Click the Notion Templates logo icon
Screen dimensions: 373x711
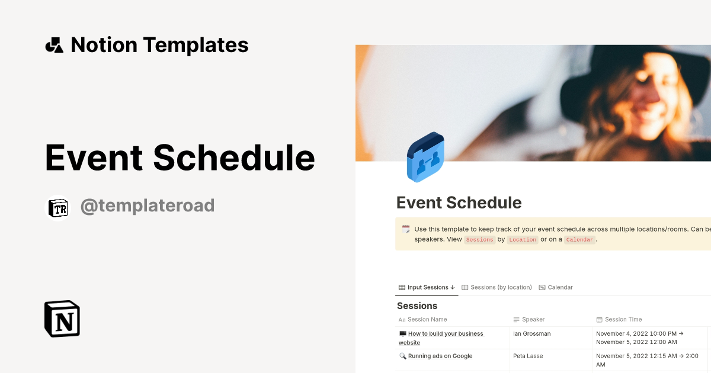pyautogui.click(x=54, y=45)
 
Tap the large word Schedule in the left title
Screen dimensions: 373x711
pyautogui.click(x=233, y=157)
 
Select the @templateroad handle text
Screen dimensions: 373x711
pyautogui.click(x=147, y=206)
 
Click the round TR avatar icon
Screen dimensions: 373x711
pyautogui.click(x=57, y=207)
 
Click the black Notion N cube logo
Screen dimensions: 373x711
pyautogui.click(x=62, y=319)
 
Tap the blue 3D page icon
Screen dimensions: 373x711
pyautogui.click(x=425, y=157)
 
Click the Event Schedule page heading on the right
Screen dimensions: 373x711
pyautogui.click(x=459, y=203)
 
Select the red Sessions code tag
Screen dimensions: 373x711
pyautogui.click(x=479, y=240)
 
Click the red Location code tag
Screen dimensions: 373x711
pyautogui.click(x=523, y=240)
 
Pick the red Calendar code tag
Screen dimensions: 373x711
pyautogui.click(x=579, y=240)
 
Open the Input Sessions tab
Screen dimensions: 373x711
pyautogui.click(x=427, y=287)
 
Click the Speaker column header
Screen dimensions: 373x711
pyautogui.click(x=533, y=320)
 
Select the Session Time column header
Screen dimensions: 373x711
pyautogui.click(x=623, y=320)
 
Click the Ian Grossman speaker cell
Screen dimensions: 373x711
pyautogui.click(x=531, y=334)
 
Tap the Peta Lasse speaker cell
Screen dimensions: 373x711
pyautogui.click(x=528, y=356)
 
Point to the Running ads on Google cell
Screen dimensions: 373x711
pyautogui.click(x=440, y=356)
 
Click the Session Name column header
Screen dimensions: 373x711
pyautogui.click(x=427, y=320)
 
